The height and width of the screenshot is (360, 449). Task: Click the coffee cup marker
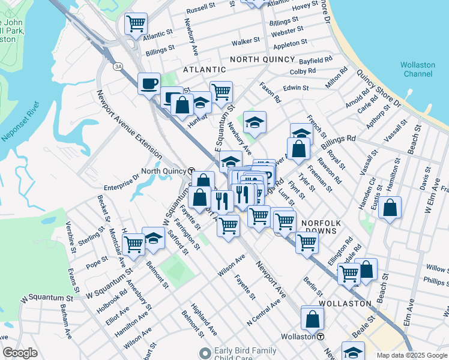(x=148, y=83)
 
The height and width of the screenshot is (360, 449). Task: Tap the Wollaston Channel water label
(x=418, y=69)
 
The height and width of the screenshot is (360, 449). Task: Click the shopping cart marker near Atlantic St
(x=136, y=23)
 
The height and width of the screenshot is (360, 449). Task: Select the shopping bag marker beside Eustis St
(x=390, y=208)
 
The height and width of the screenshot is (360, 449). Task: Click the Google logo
(x=20, y=353)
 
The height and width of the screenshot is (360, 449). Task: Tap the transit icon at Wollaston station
(x=321, y=337)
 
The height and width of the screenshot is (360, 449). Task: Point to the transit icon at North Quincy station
(x=190, y=170)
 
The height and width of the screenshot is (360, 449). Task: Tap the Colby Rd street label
(x=303, y=71)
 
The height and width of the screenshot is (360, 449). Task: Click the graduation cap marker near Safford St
(x=154, y=238)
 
